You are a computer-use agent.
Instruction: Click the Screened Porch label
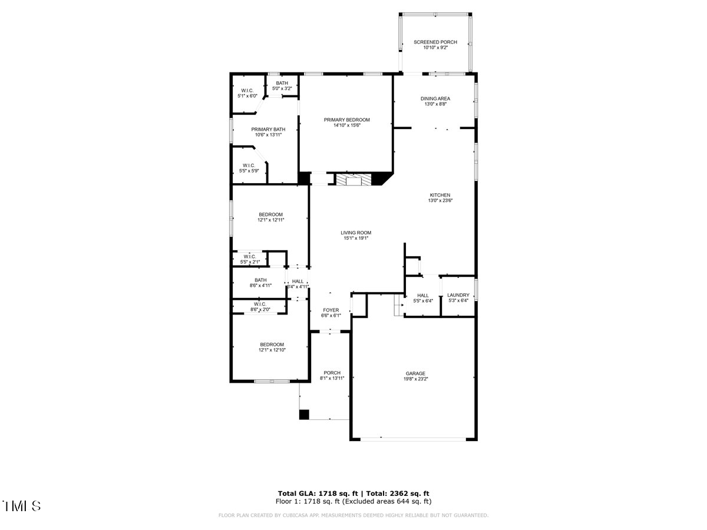tap(435, 42)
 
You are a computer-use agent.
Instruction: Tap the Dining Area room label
tap(435, 98)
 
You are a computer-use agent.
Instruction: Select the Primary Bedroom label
tap(347, 120)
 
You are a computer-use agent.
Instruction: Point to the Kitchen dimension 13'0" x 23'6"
tap(440, 201)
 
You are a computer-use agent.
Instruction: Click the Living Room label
tap(356, 233)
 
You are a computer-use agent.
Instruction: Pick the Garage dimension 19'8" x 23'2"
tap(415, 379)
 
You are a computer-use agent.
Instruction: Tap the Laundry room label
tap(458, 295)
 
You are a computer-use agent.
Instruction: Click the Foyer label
tap(331, 310)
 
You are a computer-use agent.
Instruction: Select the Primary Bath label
tap(268, 130)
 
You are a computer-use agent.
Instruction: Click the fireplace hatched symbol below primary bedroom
tap(354, 179)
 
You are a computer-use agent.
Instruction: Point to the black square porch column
tap(304, 415)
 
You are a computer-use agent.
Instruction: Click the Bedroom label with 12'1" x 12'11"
tap(270, 214)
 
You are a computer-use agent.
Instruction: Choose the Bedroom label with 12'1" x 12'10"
tap(272, 344)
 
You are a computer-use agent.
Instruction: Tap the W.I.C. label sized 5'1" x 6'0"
tap(247, 90)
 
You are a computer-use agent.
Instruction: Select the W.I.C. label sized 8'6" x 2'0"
tap(260, 304)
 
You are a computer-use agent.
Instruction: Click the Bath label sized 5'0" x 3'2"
tap(282, 83)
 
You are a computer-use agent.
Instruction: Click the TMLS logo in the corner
tap(22, 506)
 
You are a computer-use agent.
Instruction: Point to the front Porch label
tap(332, 373)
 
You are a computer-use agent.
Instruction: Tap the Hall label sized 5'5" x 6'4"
tap(422, 295)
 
